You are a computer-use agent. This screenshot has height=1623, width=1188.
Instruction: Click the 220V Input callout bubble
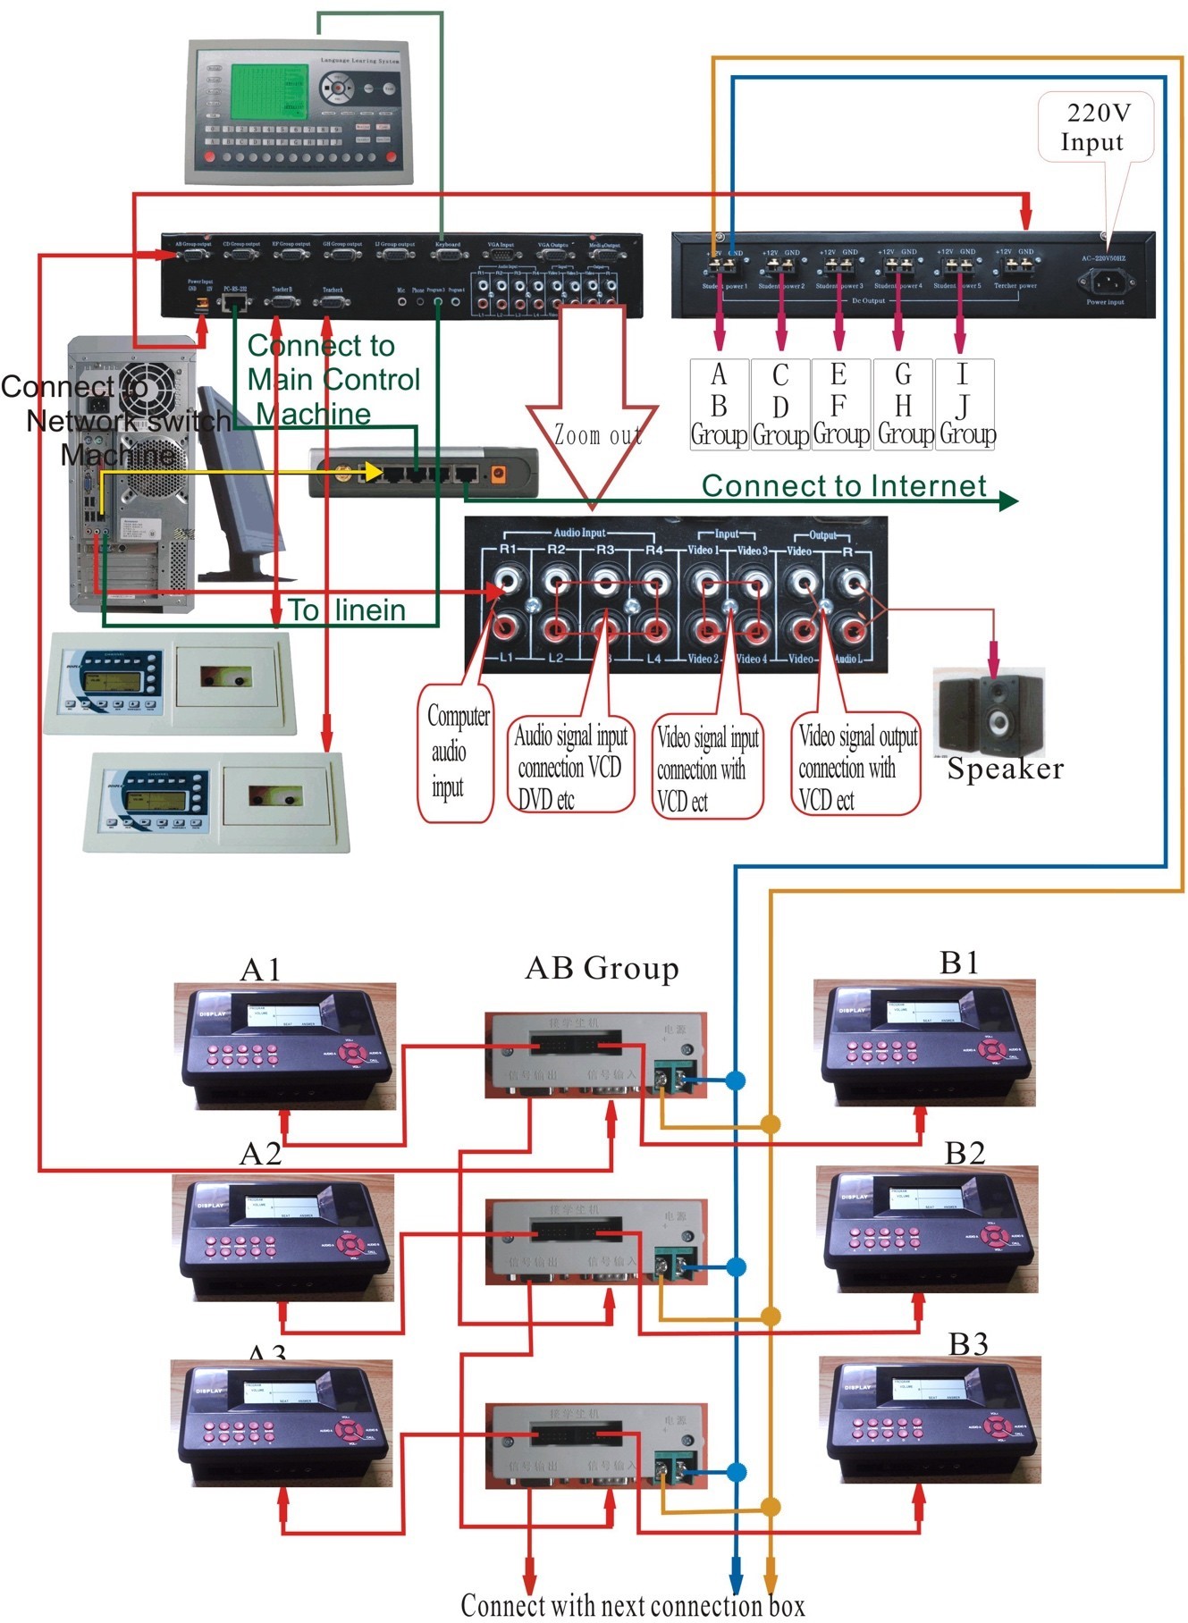tap(1095, 127)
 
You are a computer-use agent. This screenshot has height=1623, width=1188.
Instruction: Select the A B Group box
tap(719, 404)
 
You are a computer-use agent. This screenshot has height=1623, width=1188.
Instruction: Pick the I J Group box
tap(965, 404)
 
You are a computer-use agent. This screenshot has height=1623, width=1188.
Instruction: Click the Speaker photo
tap(989, 712)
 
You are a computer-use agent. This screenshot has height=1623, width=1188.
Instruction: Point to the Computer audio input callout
tap(456, 752)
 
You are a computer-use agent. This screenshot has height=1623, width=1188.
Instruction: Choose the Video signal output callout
tap(855, 766)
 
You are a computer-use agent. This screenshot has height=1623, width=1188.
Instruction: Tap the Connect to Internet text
tap(844, 485)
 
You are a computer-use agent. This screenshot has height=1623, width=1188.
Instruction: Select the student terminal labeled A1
tap(285, 1046)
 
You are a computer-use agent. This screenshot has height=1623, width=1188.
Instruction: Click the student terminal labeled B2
tap(930, 1230)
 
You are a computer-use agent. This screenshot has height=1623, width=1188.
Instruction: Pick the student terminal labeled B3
tap(930, 1421)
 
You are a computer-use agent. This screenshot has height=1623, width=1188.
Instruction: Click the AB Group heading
tap(602, 968)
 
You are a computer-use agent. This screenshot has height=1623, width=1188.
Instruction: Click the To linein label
tap(347, 610)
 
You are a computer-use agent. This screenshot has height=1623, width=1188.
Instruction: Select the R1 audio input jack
tap(508, 583)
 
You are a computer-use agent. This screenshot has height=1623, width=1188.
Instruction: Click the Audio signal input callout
tap(570, 766)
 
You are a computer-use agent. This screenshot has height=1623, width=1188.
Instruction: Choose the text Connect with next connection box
tap(632, 1605)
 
